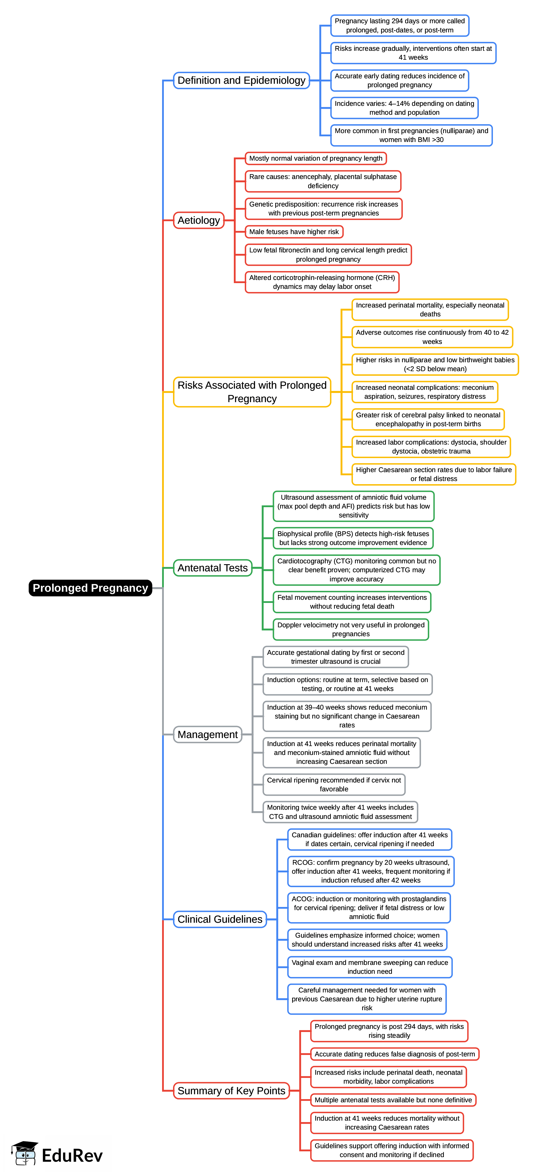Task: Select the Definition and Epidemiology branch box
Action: [241, 80]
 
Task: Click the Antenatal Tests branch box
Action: [212, 568]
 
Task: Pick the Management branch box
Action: [207, 735]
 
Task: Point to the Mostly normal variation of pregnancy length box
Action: [316, 158]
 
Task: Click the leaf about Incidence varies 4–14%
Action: [404, 108]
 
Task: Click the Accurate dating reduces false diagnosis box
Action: [395, 1054]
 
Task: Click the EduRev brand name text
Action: [72, 1155]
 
